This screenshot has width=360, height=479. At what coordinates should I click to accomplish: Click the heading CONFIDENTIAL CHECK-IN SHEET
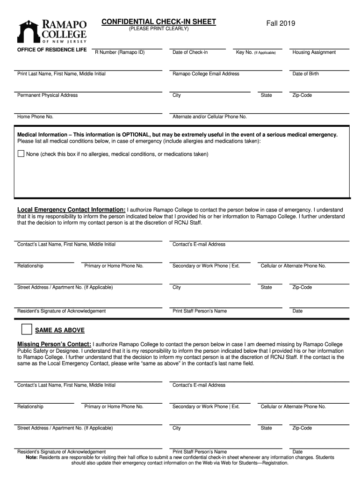click(159, 22)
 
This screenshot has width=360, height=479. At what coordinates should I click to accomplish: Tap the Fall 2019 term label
click(281, 23)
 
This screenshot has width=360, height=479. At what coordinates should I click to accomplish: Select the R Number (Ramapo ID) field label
click(120, 52)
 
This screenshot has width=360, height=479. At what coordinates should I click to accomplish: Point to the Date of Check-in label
click(190, 52)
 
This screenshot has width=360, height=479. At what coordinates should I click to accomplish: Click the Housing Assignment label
click(314, 52)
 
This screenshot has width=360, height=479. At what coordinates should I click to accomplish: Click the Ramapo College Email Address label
click(206, 74)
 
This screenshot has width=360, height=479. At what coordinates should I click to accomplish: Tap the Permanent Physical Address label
click(47, 95)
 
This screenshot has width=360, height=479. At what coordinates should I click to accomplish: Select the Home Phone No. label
click(35, 117)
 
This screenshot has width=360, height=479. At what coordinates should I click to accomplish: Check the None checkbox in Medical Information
click(21, 153)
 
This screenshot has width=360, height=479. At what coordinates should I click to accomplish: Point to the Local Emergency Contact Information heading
click(71, 210)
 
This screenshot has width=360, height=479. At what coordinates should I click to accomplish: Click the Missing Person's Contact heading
click(54, 344)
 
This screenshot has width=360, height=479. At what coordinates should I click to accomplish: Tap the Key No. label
click(256, 52)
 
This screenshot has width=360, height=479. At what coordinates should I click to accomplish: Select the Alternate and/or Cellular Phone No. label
click(209, 117)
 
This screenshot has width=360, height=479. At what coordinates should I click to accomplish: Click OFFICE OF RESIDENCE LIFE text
click(52, 50)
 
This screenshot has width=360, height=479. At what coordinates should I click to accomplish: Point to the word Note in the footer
click(31, 457)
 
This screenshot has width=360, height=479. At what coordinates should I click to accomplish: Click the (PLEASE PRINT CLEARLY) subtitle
click(159, 29)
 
